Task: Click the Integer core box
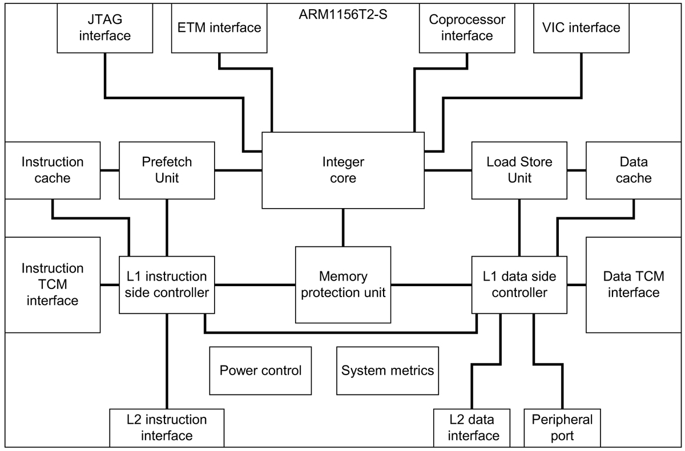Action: pyautogui.click(x=342, y=170)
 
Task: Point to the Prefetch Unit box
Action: pyautogui.click(x=167, y=170)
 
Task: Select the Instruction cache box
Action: pyautogui.click(x=53, y=170)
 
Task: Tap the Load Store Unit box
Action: pyautogui.click(x=519, y=170)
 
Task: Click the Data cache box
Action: pyautogui.click(x=634, y=170)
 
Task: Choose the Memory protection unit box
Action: pyautogui.click(x=342, y=284)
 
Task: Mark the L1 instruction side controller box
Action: pyautogui.click(x=167, y=284)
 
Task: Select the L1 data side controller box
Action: pyautogui.click(x=519, y=284)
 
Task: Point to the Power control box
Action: pyautogui.click(x=260, y=371)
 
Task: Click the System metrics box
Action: pyautogui.click(x=388, y=371)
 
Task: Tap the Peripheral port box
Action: pyautogui.click(x=562, y=428)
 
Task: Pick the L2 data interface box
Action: pyautogui.click(x=472, y=428)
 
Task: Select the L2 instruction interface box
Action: pyautogui.click(x=167, y=428)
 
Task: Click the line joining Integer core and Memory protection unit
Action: pyautogui.click(x=342, y=227)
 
